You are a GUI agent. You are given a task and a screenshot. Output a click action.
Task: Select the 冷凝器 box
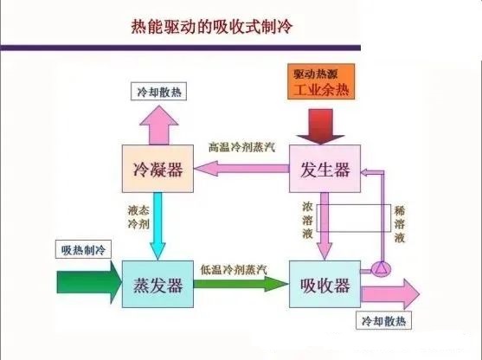[x=157, y=170]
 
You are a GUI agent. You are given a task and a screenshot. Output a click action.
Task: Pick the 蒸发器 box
[x=157, y=284]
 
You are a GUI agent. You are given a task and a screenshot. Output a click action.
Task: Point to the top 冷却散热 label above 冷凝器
[x=157, y=91]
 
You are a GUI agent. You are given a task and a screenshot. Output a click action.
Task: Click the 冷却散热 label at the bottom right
[x=385, y=321]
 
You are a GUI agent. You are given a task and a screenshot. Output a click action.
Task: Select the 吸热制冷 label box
[x=83, y=250]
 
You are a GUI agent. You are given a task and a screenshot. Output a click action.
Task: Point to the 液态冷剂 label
[x=138, y=217]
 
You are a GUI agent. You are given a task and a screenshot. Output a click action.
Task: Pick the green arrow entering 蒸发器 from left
[x=87, y=284]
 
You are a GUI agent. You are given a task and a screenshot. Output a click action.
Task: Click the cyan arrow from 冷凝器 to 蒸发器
[x=157, y=228]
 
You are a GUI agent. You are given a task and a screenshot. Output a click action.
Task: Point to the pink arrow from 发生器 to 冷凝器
[x=240, y=170]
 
